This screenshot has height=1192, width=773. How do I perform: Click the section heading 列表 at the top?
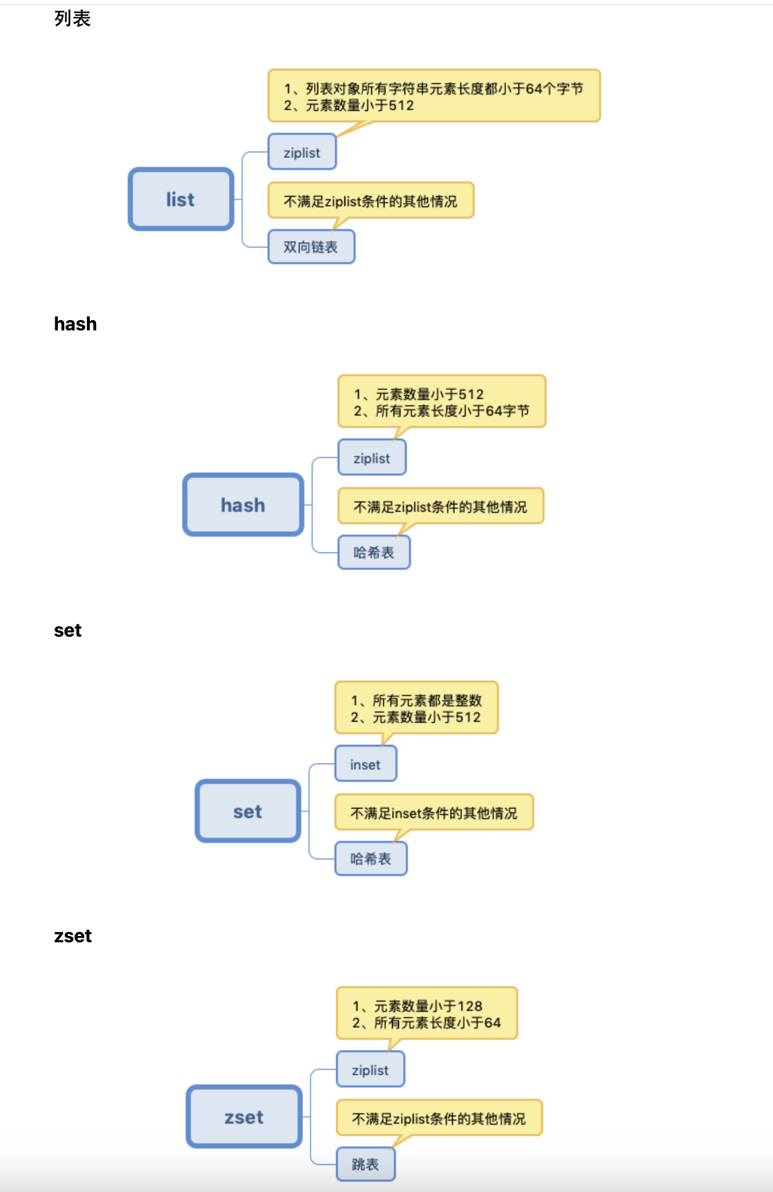pyautogui.click(x=72, y=19)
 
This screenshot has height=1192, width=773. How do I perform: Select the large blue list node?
pyautogui.click(x=181, y=199)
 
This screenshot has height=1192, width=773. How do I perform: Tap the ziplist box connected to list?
pyautogui.click(x=302, y=152)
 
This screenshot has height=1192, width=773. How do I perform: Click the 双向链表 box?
pyautogui.click(x=311, y=247)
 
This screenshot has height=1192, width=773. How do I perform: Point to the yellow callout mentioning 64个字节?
pyautogui.click(x=433, y=97)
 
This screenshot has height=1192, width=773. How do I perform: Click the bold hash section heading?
pyautogui.click(x=75, y=324)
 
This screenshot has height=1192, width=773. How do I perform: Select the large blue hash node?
pyautogui.click(x=243, y=505)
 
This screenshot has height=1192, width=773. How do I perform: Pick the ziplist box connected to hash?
pyautogui.click(x=371, y=458)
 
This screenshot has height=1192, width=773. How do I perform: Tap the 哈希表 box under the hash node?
pyautogui.click(x=373, y=553)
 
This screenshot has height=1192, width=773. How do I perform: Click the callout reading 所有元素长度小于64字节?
pyautogui.click(x=441, y=402)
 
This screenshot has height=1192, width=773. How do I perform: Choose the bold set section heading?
pyautogui.click(x=68, y=630)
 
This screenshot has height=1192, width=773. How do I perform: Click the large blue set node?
pyautogui.click(x=248, y=811)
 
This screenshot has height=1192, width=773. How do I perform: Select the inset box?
pyautogui.click(x=365, y=764)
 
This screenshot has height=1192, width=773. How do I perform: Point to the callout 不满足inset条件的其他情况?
pyautogui.click(x=433, y=813)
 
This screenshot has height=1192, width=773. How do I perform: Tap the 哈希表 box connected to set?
pyautogui.click(x=371, y=859)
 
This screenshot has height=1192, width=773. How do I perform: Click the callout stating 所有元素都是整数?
pyautogui.click(x=415, y=708)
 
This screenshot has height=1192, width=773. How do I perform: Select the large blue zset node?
pyautogui.click(x=244, y=1117)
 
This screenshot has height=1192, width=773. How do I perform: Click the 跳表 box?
pyautogui.click(x=365, y=1164)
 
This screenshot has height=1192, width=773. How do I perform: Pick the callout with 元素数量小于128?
pyautogui.click(x=426, y=1014)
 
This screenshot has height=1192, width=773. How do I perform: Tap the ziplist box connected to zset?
pyautogui.click(x=370, y=1070)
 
